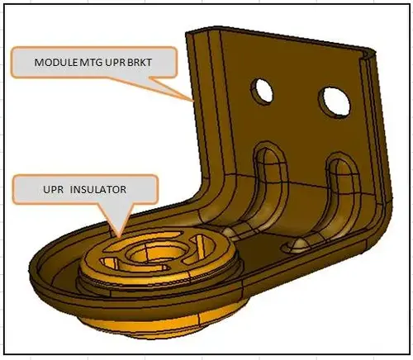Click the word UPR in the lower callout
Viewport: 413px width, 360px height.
point(54,189)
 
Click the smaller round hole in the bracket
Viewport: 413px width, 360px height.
point(262,91)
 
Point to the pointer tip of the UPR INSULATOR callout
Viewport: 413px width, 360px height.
point(119,236)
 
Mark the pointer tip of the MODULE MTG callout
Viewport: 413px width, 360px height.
point(193,101)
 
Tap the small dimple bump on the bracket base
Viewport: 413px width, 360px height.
point(299,244)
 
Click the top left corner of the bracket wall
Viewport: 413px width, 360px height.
point(188,34)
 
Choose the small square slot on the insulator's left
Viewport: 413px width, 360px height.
point(109,263)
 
